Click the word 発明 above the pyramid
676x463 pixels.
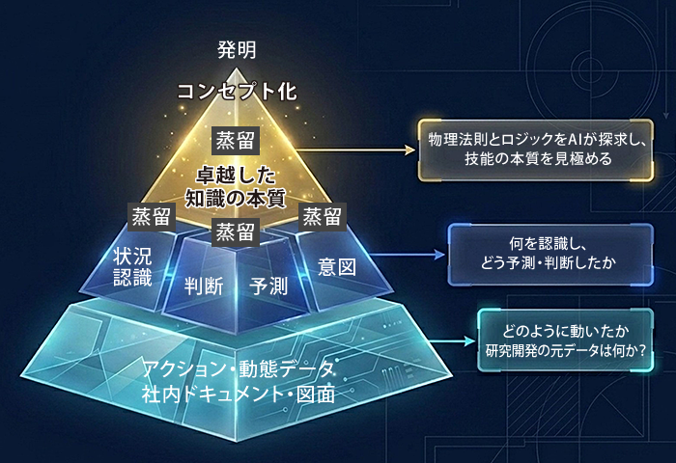point(237,50)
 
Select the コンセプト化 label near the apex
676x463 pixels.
point(237,92)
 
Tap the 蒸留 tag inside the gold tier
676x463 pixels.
point(236,141)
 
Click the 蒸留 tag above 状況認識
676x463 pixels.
point(152,217)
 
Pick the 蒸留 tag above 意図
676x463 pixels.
point(322,217)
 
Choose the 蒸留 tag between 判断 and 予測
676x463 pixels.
point(235,232)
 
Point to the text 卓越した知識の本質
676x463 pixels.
point(236,187)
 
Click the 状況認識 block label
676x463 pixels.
point(133,267)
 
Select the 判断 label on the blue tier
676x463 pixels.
point(204,286)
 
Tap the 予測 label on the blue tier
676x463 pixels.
point(268,286)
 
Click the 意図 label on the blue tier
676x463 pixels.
point(337,267)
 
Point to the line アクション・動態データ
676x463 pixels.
point(239,369)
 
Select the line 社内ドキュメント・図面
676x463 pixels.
point(239,395)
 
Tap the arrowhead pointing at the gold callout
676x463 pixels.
point(410,150)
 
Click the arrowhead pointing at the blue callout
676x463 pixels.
point(440,254)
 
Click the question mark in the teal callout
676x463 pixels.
point(642,351)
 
